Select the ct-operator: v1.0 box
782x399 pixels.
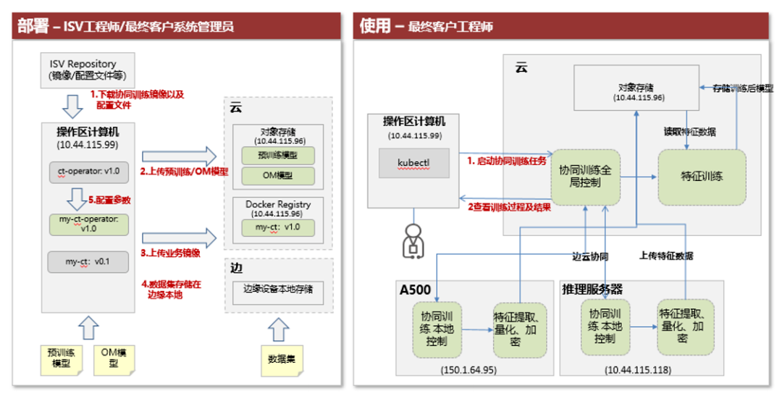click(88, 172)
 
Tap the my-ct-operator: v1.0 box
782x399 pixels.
click(88, 223)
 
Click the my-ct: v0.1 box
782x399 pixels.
click(88, 261)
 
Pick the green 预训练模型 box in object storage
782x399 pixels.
click(277, 155)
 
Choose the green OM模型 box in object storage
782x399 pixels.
click(277, 175)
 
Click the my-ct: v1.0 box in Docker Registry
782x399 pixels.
click(277, 227)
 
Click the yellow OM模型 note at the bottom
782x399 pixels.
click(114, 358)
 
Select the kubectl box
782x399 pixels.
click(413, 164)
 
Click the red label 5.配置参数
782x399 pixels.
click(109, 200)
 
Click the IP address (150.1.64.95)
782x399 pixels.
click(468, 369)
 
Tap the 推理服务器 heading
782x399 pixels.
click(592, 290)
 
